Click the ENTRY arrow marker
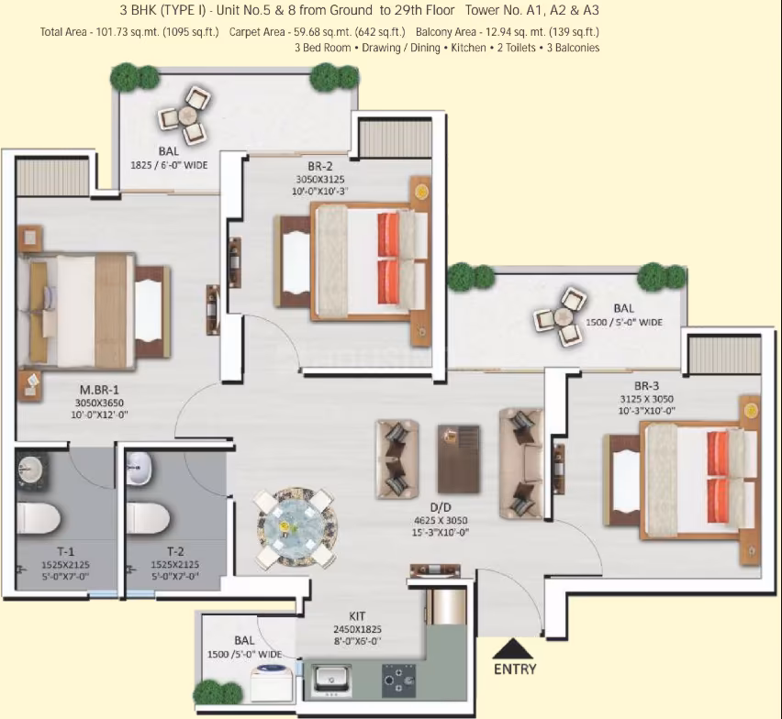point(514,648)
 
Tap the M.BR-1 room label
point(100,390)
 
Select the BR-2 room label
point(319,166)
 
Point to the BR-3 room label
point(646,386)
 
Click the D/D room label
point(441,507)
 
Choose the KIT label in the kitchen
point(357,616)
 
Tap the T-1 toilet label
point(65,551)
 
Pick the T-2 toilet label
point(175,551)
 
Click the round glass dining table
point(296,528)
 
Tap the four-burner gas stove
point(398,680)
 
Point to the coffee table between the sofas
point(459,459)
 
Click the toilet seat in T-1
point(39,518)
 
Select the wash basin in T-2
point(139,469)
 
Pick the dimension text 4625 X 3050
point(441,521)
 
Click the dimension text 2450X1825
point(357,630)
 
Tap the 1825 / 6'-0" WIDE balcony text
point(169,165)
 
